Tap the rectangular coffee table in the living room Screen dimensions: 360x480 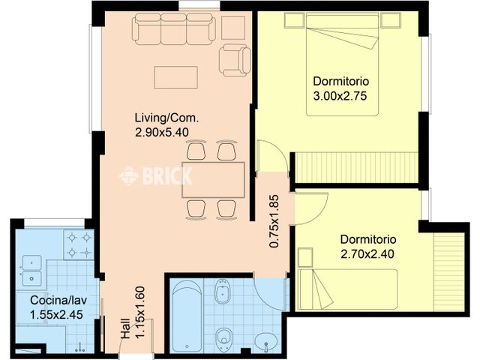tap(175, 77)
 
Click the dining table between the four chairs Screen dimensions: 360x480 tap(213, 179)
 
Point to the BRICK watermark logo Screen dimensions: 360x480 tap(156, 175)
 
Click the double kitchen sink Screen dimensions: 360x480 tap(31, 271)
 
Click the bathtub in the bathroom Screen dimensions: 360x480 tap(186, 316)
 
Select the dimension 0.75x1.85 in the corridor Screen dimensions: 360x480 tap(274, 221)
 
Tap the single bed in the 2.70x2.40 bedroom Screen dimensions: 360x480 tap(347, 287)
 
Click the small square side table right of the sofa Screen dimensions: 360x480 tap(233, 27)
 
